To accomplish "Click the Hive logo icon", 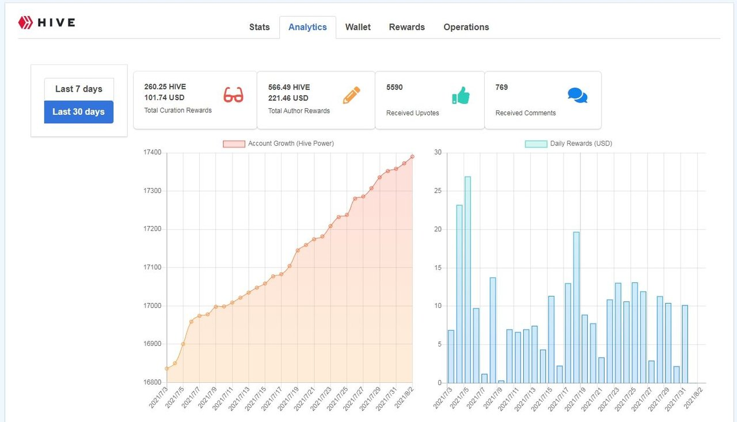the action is point(25,22).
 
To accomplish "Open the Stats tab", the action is point(259,27).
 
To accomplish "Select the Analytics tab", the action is point(307,27).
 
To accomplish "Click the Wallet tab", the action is point(358,27).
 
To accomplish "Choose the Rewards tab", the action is point(407,27).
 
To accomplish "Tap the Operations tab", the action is point(466,27).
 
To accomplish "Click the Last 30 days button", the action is point(79,112).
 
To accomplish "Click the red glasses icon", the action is point(233,95).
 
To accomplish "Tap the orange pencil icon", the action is point(351,95).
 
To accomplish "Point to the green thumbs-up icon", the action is point(461,95).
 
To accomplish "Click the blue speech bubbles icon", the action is point(578,95).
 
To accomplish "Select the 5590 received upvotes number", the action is point(394,87).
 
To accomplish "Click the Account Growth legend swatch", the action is point(234,144).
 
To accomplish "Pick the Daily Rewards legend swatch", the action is point(536,144).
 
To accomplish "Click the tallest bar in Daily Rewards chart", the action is point(468,280).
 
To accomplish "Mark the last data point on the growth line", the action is point(412,157).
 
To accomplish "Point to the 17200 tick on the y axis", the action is point(153,229).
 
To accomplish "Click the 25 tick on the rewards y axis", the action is point(438,191).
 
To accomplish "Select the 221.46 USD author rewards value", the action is point(288,98).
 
